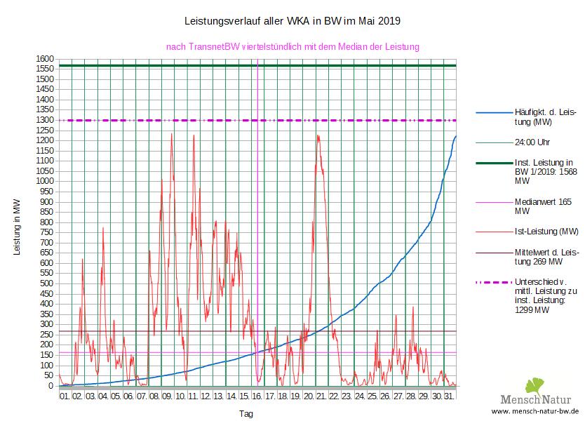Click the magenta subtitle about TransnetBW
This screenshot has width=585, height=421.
[x=292, y=47]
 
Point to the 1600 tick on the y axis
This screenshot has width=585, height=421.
[x=46, y=59]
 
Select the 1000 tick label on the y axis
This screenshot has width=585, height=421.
[x=46, y=182]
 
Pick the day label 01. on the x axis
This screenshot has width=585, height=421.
[x=65, y=397]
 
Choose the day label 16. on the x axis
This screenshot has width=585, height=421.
[x=257, y=397]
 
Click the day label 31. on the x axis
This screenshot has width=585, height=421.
[x=450, y=397]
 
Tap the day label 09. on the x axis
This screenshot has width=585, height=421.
[x=167, y=397]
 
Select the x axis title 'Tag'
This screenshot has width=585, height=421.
[x=246, y=414]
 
